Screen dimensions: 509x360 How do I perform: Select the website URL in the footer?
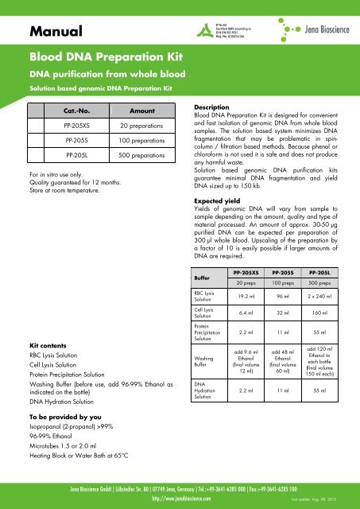click(180, 499)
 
